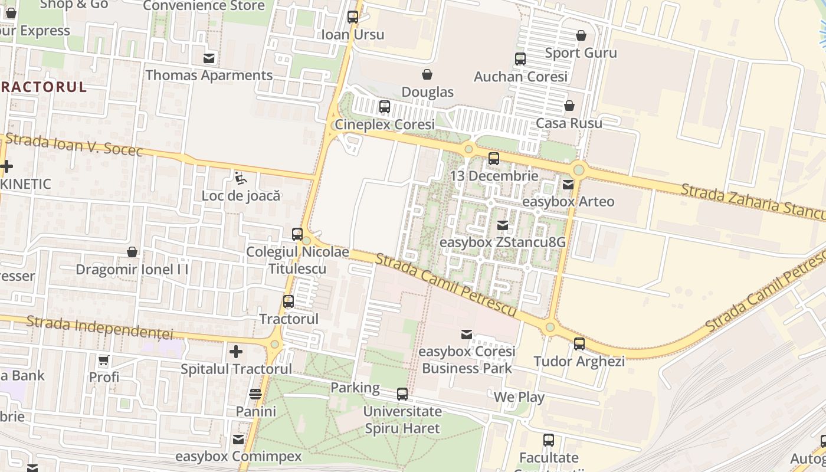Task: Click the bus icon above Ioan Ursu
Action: coord(353,17)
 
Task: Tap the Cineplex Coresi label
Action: coord(385,124)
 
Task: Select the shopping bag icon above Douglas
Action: coord(427,74)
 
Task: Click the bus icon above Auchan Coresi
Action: coord(520,59)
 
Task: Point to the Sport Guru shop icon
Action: coord(581,35)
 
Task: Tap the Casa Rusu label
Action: coord(569,123)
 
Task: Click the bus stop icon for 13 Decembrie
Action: coord(494,159)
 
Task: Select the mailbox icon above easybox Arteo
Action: coord(568,185)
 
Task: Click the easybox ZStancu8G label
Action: coord(503,242)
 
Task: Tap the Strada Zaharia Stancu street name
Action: coord(752,201)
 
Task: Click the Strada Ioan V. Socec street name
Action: coord(74,145)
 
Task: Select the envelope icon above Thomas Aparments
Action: coord(209,58)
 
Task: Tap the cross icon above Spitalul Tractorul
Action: coord(236,352)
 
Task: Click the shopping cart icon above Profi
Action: coord(104,360)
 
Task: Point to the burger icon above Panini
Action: coord(255,394)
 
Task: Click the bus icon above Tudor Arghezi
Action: coord(579,344)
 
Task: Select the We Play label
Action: coord(519,397)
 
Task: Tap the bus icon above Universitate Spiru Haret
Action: coord(402,394)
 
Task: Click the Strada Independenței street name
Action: coord(100,328)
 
